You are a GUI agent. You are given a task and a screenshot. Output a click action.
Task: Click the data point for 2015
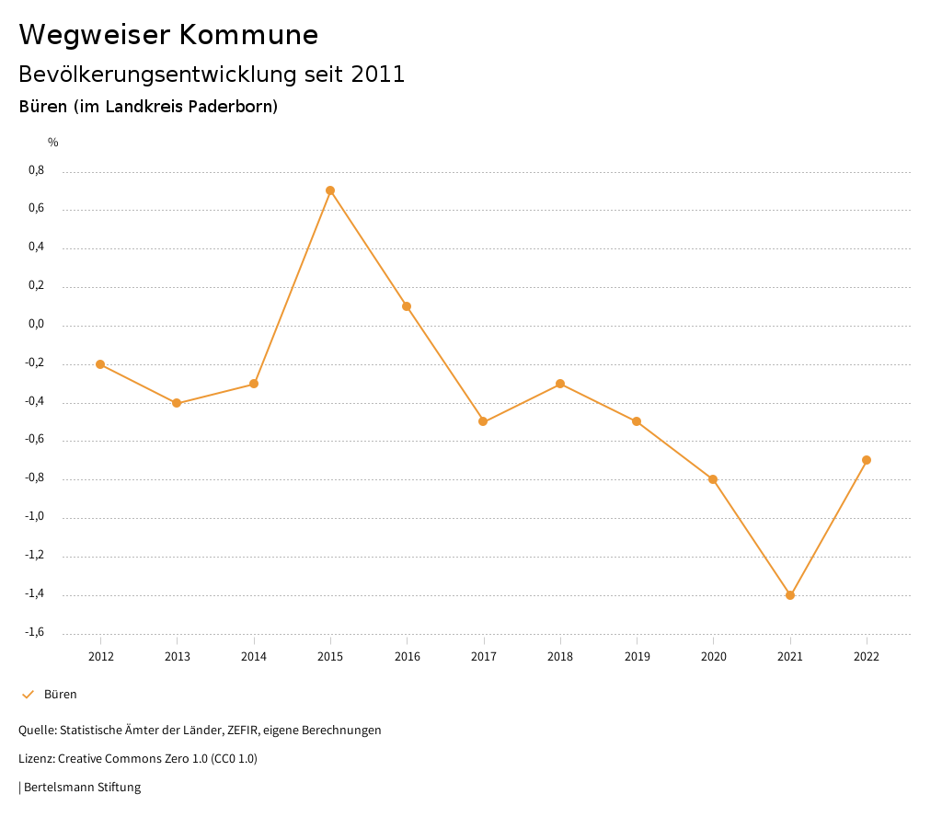point(330,190)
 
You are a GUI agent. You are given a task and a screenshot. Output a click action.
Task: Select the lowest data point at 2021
point(790,595)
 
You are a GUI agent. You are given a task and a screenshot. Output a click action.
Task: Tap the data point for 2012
point(100,364)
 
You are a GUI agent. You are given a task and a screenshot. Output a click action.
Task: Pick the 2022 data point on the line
point(867,460)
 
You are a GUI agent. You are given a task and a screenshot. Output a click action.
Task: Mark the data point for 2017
point(483,421)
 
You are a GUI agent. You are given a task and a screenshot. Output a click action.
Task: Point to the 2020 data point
point(713,479)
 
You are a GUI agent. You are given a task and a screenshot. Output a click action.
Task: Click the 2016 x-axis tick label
point(408,657)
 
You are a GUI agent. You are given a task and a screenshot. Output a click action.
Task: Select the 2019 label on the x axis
point(637,657)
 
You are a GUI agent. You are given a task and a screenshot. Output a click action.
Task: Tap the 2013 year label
point(178,657)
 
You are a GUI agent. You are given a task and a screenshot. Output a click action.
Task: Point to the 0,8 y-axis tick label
point(37,171)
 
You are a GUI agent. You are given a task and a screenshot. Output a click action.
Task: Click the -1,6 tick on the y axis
point(35,633)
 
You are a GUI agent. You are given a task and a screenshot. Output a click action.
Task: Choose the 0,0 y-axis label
point(37,325)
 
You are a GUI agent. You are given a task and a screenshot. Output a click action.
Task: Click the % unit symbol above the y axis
point(53,143)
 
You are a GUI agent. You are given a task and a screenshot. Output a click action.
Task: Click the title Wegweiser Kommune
point(168,35)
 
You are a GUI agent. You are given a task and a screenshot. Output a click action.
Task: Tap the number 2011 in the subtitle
point(378,75)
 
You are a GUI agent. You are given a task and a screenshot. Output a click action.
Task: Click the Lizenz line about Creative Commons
point(138,759)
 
